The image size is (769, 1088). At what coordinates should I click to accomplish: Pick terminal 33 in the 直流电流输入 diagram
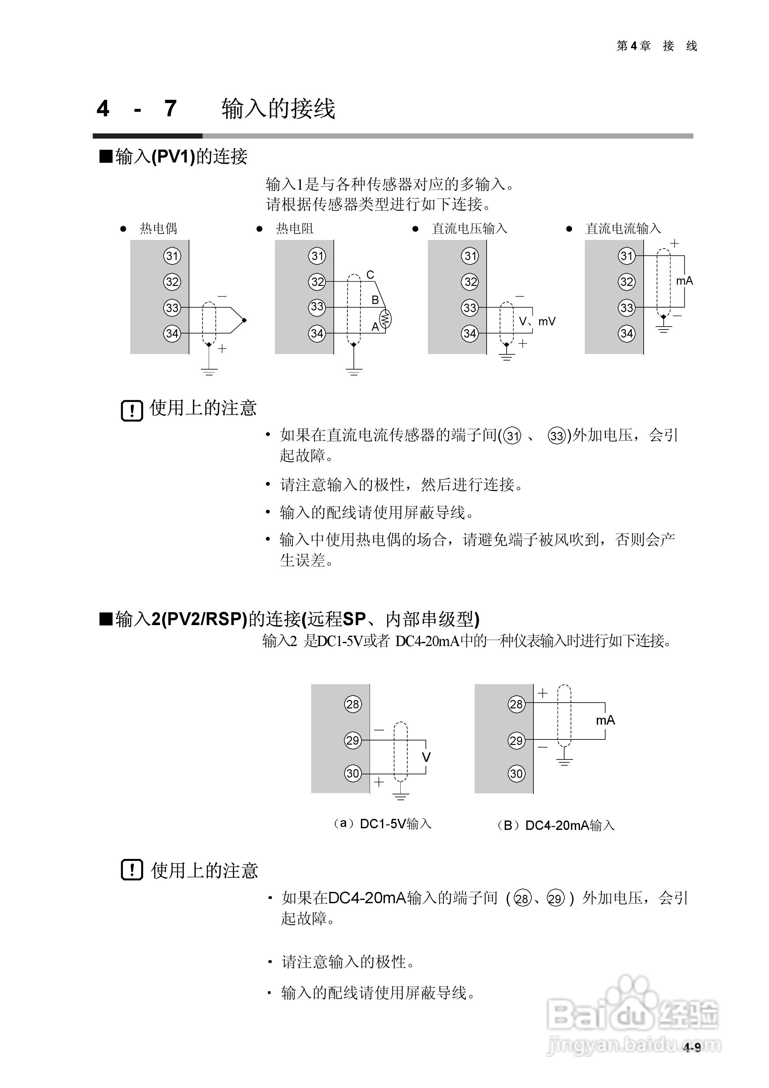coord(626,308)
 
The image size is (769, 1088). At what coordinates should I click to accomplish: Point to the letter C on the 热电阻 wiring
coord(370,275)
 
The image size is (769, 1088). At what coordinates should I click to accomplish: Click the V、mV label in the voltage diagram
coord(537,322)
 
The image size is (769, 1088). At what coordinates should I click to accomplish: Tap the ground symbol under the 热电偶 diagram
coord(209,371)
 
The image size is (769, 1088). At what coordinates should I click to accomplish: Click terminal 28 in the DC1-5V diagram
coord(352,704)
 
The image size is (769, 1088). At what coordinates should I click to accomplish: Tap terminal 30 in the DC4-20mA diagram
coord(516,774)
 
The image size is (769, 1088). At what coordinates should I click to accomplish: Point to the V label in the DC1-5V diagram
coord(426,757)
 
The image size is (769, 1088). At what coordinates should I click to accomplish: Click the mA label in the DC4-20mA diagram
coord(606,721)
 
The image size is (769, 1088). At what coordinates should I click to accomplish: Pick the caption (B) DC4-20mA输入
coord(556,825)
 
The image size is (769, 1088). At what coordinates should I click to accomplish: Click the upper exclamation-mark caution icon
coord(132,410)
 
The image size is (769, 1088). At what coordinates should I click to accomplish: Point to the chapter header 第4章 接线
coord(657,46)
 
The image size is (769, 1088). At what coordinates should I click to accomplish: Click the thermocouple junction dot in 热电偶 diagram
coord(244,321)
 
